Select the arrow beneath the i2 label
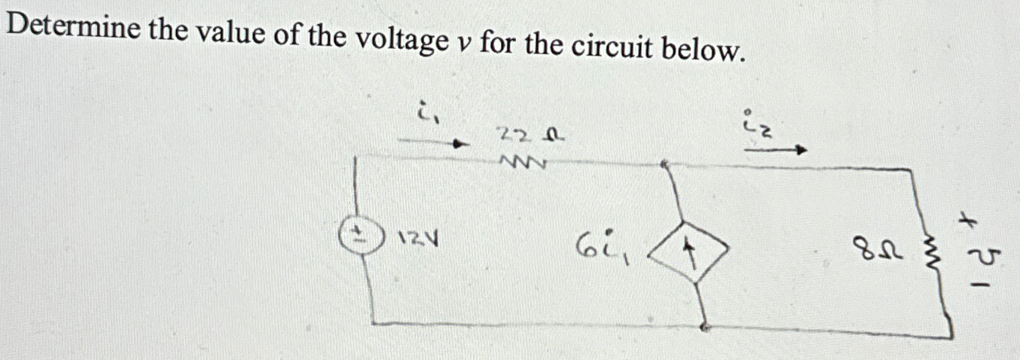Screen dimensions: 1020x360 775,151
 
